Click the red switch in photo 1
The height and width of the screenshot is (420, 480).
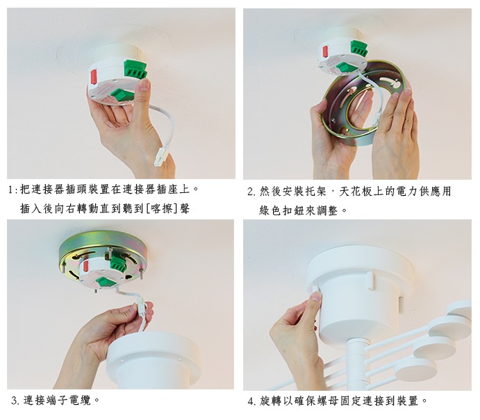(93, 77)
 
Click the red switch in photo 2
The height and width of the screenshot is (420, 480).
(325, 51)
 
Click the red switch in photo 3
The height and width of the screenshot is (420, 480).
(86, 266)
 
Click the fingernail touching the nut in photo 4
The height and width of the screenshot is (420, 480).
(316, 296)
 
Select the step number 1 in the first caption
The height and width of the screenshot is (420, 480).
(11, 190)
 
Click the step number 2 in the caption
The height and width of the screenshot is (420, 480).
(250, 192)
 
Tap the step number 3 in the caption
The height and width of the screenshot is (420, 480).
(14, 401)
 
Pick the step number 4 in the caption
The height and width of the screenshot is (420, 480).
(250, 401)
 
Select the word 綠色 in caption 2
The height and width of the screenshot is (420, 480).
(270, 210)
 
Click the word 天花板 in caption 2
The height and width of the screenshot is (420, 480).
(356, 192)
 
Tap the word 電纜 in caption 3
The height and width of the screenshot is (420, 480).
(80, 401)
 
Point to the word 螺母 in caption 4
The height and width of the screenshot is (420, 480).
(328, 401)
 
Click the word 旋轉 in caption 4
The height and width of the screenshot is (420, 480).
(271, 401)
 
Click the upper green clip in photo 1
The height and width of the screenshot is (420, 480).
(135, 69)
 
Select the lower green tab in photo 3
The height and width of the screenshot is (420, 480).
(106, 281)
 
